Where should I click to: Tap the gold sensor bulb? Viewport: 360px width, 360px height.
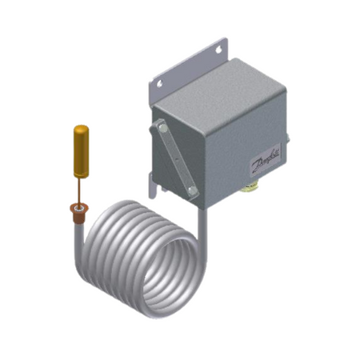tap(81, 151)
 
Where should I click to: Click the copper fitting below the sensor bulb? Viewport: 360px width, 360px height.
tap(79, 211)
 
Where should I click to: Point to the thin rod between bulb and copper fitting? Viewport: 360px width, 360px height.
tap(80, 189)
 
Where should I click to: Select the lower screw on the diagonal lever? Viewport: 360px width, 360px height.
tap(190, 189)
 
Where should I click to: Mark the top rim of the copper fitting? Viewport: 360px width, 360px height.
tap(79, 207)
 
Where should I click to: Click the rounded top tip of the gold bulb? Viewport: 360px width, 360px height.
tap(81, 126)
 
